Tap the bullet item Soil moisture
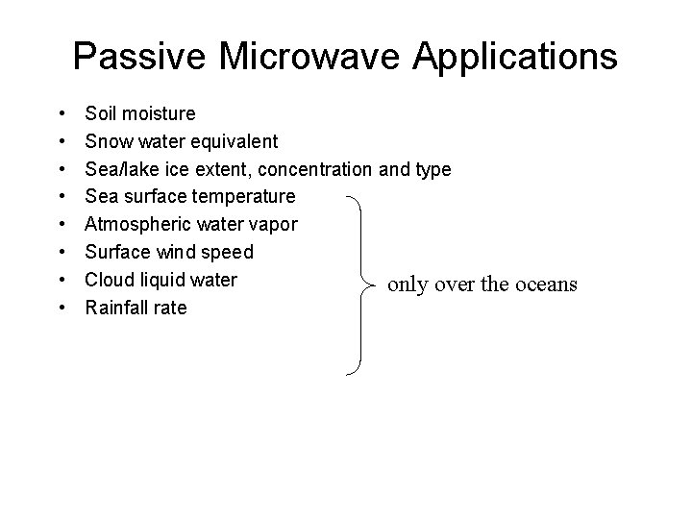point(140,114)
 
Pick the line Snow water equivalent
point(182,142)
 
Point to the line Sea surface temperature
point(190,197)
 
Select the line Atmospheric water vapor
point(191,225)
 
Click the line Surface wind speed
point(169,253)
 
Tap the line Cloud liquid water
point(161,281)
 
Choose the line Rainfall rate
point(136,309)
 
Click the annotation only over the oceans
point(482,284)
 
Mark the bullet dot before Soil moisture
point(62,114)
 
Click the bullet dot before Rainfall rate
point(62,309)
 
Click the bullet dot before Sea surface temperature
point(62,197)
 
